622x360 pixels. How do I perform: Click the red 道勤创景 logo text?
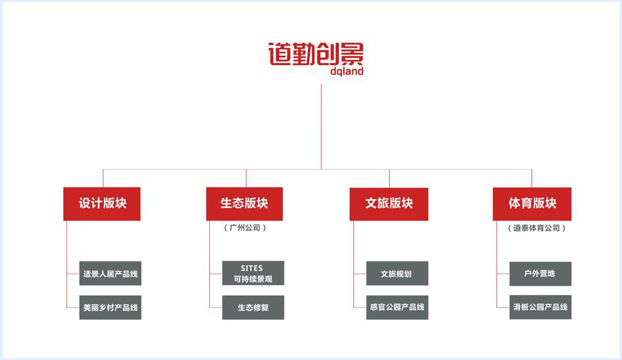(x=316, y=54)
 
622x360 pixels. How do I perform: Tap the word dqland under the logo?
(x=347, y=71)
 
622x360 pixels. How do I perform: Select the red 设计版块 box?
(x=102, y=204)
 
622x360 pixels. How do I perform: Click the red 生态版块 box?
(x=244, y=204)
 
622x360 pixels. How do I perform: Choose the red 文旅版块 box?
(x=389, y=204)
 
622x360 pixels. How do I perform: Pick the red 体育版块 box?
(x=532, y=204)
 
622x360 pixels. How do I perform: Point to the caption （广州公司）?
(x=245, y=228)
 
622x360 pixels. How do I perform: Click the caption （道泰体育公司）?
(x=536, y=228)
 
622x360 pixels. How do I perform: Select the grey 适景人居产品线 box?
(x=111, y=273)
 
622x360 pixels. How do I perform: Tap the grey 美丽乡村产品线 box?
(x=111, y=307)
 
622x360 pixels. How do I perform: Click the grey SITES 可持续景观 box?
(x=253, y=273)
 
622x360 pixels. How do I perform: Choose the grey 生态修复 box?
(x=253, y=307)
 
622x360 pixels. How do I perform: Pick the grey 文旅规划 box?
(x=397, y=273)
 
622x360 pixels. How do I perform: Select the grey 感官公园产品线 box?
(x=397, y=307)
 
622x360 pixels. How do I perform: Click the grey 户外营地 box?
(x=540, y=274)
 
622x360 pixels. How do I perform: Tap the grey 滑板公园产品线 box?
(x=540, y=307)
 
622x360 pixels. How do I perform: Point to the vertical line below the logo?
(x=321, y=127)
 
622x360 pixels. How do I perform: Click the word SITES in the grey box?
(x=251, y=269)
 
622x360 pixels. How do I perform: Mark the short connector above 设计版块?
(x=103, y=178)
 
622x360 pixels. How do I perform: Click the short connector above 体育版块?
(x=532, y=178)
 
